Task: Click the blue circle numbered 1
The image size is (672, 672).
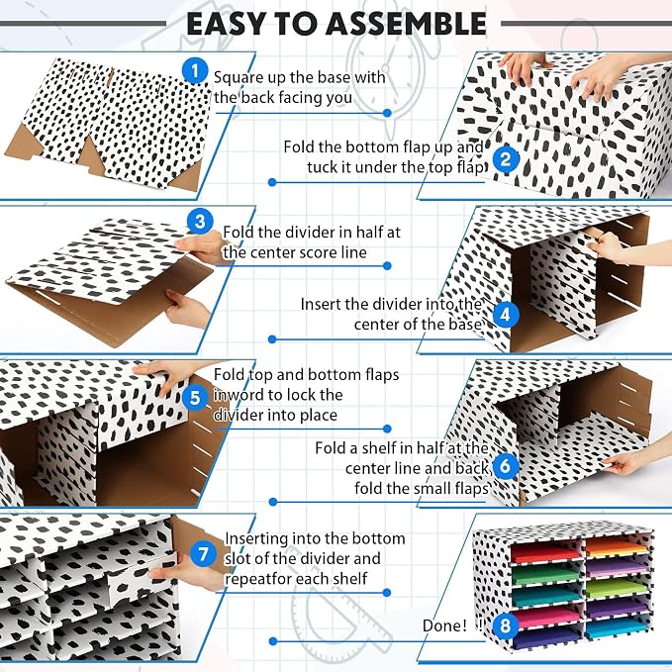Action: [195, 71]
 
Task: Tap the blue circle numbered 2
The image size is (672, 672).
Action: [506, 159]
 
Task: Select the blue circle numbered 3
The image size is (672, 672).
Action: [200, 222]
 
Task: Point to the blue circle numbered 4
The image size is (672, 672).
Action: [506, 315]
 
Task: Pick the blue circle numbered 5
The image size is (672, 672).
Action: [195, 397]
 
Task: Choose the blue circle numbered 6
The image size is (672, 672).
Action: [506, 466]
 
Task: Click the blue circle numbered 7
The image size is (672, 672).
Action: [203, 554]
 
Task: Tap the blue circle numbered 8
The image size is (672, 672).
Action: [506, 625]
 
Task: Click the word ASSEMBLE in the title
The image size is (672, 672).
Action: [406, 24]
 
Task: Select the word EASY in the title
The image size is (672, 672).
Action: [226, 24]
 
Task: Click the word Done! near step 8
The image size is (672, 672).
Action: [444, 625]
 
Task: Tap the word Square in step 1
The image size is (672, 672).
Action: [239, 78]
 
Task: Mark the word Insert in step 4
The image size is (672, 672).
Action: [321, 304]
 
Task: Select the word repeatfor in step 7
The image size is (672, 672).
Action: [255, 579]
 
